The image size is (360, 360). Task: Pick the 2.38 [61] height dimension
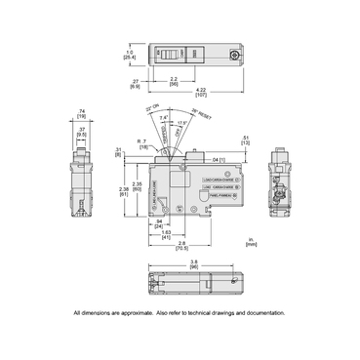click(122, 191)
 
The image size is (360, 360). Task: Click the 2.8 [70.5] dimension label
click(181, 246)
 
